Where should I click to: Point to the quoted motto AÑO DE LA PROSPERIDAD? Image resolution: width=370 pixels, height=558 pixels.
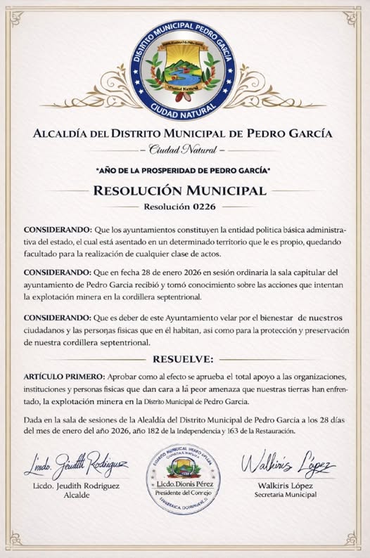pyautogui.click(x=184, y=170)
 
